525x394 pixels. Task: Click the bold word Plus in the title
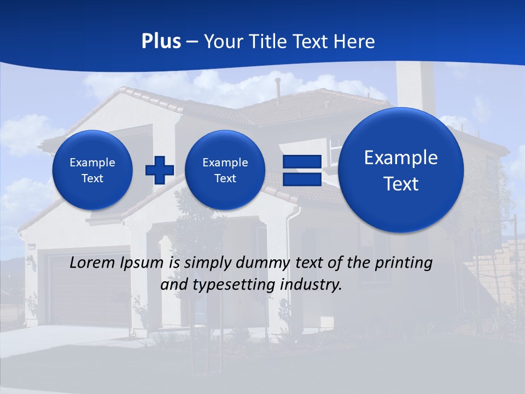pos(161,42)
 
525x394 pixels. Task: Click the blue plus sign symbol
pos(160,170)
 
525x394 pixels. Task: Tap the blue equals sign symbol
pos(301,170)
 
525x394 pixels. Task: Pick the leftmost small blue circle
pos(92,170)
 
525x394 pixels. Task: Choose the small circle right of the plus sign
pos(225,170)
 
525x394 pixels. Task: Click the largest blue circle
pos(401,170)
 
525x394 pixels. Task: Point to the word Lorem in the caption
pos(93,263)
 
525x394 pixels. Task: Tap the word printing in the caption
pos(402,263)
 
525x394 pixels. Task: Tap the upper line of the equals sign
pos(301,161)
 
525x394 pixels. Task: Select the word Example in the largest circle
pos(401,158)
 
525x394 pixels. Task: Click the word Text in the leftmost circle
pos(92,178)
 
